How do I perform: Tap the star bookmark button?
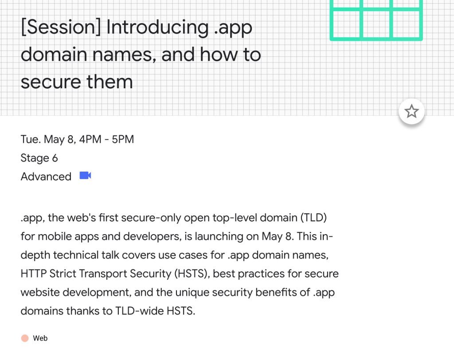pos(411,112)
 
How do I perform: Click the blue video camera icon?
pos(86,176)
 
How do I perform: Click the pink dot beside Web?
pos(25,338)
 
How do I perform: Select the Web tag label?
pos(40,338)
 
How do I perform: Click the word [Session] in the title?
pos(61,27)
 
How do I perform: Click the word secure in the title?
pos(51,82)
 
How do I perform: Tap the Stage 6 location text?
pos(39,158)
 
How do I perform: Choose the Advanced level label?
pos(46,176)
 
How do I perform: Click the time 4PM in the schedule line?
pos(90,139)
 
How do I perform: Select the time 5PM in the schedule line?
pos(123,139)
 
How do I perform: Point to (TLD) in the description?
pos(313,218)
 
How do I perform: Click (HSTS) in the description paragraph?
pos(192,274)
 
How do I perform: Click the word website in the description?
pos(40,292)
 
